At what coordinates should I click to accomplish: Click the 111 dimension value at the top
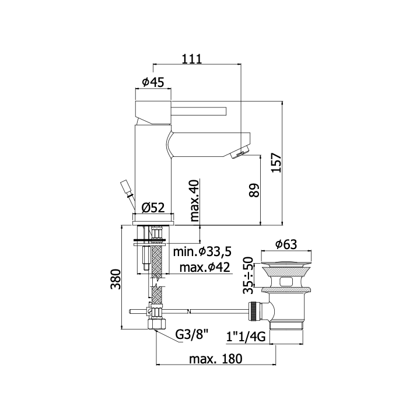(x=191, y=59)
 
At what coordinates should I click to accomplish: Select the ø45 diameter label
(x=153, y=82)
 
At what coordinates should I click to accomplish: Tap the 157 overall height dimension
(x=276, y=163)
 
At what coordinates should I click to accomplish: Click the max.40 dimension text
(x=195, y=201)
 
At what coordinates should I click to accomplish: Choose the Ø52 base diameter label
(x=153, y=208)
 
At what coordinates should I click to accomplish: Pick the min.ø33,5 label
(x=202, y=251)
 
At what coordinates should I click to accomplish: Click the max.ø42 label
(x=205, y=267)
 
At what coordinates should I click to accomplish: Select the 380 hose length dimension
(x=116, y=279)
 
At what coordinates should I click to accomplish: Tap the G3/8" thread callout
(x=192, y=334)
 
